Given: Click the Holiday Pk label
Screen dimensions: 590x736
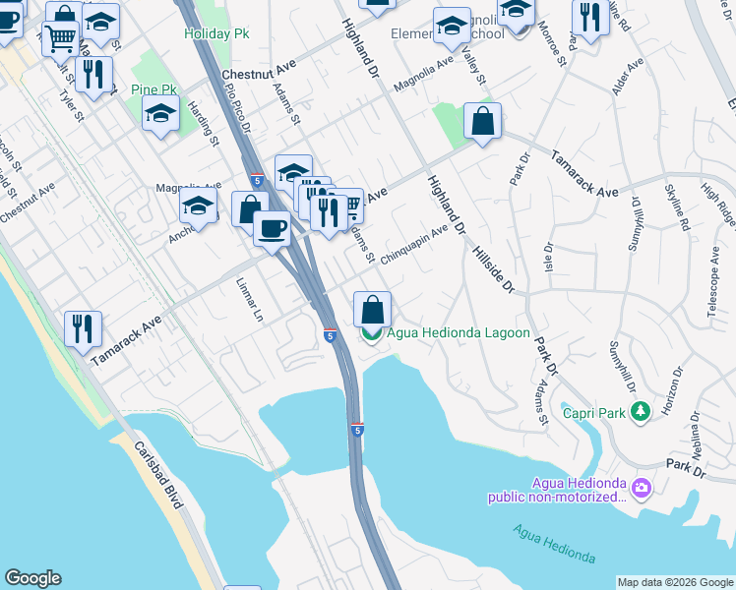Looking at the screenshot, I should pos(216,33).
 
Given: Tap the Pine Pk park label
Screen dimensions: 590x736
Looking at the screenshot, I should pos(153,90).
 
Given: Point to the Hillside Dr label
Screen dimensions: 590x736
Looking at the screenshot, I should pos(494,266).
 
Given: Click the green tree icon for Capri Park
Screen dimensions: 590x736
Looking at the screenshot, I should pos(642,410).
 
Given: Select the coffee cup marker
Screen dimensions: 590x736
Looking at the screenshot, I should pos(272,228).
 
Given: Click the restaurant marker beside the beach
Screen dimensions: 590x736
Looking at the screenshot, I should pos(84,327).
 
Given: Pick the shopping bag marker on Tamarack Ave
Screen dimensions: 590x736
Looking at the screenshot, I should pos(482,123).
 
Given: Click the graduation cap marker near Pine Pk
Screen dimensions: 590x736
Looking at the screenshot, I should pos(160,115).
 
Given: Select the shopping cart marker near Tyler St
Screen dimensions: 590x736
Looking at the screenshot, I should pos(61,40).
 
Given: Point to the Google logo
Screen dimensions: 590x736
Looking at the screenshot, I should pos(32,578).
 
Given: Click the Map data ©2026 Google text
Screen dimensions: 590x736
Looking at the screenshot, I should pos(675,582).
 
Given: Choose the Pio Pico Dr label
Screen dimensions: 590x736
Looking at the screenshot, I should pos(238,108).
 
